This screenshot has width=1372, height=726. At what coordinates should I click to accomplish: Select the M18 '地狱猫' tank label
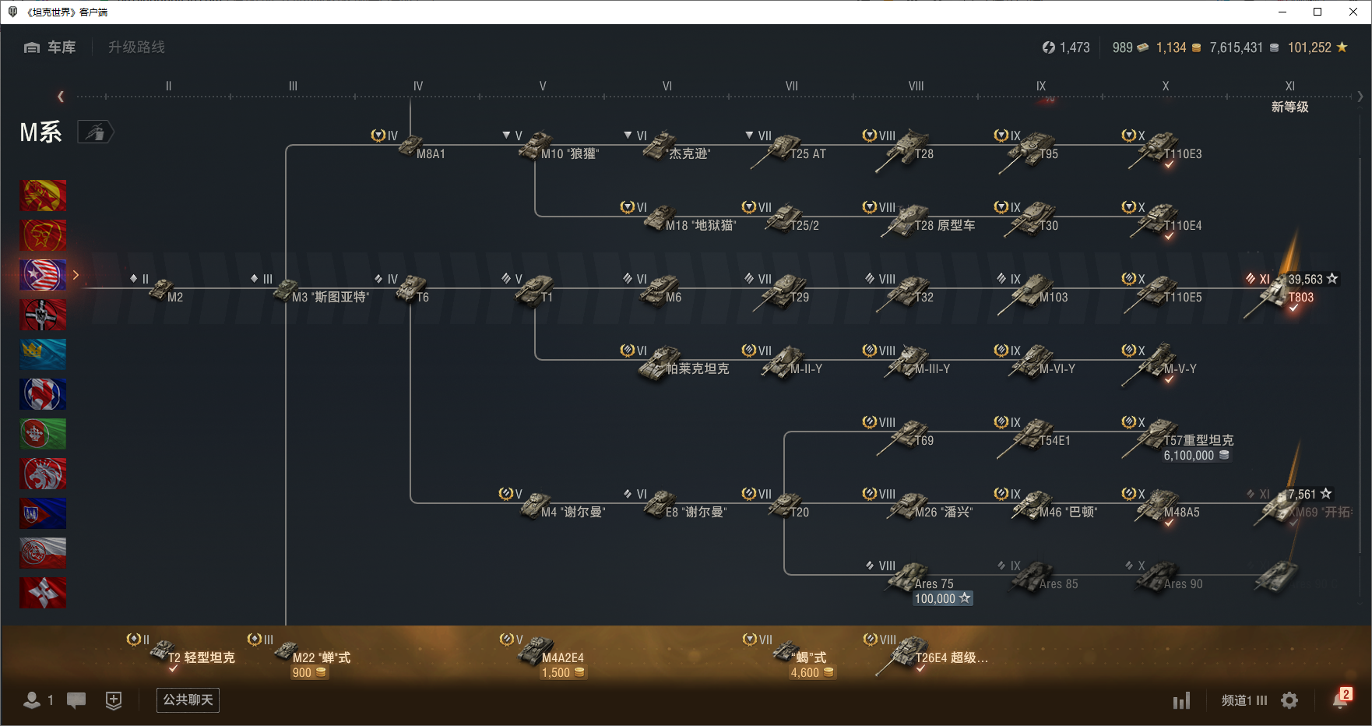pos(700,226)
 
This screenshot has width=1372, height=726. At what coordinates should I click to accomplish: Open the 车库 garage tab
pos(51,48)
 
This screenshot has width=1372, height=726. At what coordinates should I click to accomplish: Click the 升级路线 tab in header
pos(136,48)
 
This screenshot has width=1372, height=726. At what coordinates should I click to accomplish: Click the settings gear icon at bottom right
pos(1289,700)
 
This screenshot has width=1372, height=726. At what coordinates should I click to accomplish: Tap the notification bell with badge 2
pos(1340,700)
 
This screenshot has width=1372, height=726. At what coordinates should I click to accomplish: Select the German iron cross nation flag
pos(43,315)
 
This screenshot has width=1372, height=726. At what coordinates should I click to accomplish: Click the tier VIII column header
pos(916,86)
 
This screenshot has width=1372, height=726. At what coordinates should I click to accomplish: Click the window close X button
pos(1354,12)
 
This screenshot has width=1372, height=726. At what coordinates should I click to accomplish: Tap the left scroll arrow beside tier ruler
pos(61,97)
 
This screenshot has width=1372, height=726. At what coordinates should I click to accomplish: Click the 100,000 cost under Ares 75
pos(942,598)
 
